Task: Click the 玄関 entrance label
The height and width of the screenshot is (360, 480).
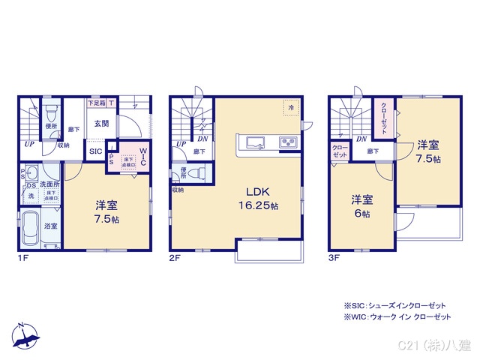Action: (x=100, y=124)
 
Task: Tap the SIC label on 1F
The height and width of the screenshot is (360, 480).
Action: (x=96, y=151)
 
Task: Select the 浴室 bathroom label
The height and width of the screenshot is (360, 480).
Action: (x=51, y=225)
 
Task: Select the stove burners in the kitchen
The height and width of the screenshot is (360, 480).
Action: (x=289, y=142)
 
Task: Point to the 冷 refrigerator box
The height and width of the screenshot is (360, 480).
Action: (x=290, y=107)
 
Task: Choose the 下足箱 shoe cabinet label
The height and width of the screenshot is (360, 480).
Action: (x=97, y=103)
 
